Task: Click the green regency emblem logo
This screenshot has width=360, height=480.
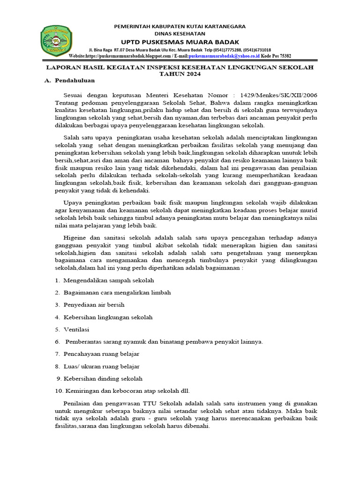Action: tap(56, 41)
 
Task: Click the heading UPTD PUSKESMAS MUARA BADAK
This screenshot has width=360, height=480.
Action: tap(180, 41)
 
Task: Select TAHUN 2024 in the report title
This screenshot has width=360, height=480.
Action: tap(180, 74)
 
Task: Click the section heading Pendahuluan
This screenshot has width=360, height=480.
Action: tap(75, 81)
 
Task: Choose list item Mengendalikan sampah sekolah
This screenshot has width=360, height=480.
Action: tap(107, 280)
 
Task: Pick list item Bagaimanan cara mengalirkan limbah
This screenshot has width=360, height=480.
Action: tap(115, 292)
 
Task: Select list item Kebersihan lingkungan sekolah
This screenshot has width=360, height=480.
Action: tap(106, 317)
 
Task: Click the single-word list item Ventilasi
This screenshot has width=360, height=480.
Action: tap(76, 330)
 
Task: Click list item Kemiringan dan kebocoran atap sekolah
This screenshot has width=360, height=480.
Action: tap(123, 390)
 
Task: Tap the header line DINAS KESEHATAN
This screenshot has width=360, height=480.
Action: tap(180, 34)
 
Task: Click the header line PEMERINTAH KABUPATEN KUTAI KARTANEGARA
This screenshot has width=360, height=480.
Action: tap(180, 26)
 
